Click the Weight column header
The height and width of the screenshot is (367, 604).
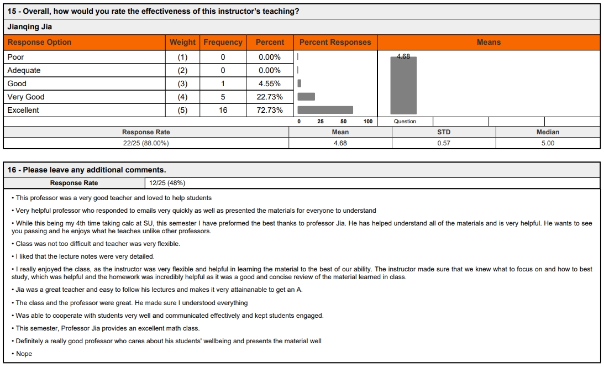tap(182, 42)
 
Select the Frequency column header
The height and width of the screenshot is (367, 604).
tap(223, 42)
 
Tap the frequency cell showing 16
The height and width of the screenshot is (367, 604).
tap(223, 110)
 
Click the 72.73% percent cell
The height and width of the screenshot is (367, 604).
tap(270, 110)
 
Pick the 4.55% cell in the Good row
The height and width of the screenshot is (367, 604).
tap(270, 83)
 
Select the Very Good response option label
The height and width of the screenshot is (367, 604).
tap(26, 97)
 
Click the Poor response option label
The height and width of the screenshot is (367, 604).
tap(15, 57)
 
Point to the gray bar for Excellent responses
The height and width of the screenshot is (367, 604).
tap(325, 110)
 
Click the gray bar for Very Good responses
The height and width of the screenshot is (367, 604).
tap(306, 97)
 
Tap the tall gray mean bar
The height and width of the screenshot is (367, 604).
tap(403, 86)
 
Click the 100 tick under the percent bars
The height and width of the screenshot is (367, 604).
tap(368, 122)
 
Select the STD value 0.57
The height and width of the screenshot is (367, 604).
tap(443, 143)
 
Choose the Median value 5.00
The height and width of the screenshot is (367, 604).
tap(548, 143)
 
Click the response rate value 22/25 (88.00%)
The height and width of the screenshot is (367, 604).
tap(146, 143)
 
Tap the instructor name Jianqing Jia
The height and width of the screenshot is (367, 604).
tap(30, 27)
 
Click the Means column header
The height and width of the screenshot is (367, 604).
tap(489, 42)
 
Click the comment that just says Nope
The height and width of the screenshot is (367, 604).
tap(24, 354)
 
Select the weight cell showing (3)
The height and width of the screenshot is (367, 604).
tap(182, 83)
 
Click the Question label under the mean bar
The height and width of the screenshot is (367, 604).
tap(405, 122)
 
